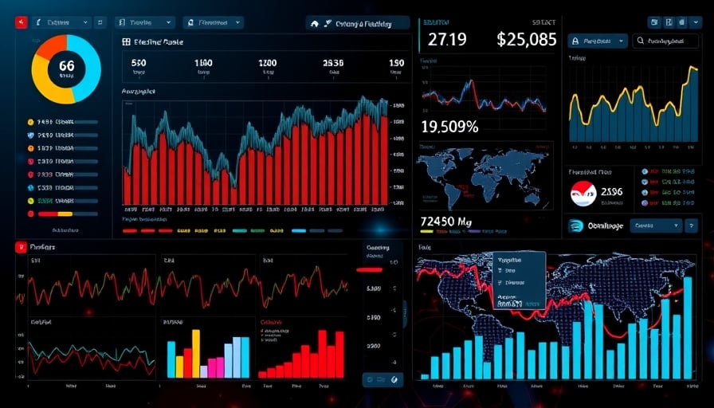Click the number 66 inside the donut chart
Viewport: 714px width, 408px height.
tap(66, 66)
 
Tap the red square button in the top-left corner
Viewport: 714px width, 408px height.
tap(21, 22)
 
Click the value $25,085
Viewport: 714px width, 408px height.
tap(526, 39)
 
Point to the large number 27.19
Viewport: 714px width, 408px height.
tap(447, 39)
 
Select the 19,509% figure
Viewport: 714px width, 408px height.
tap(449, 126)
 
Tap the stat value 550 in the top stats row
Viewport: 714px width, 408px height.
tap(138, 63)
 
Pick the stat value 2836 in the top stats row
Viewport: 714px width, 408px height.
tap(332, 63)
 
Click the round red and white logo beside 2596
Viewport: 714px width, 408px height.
tap(583, 193)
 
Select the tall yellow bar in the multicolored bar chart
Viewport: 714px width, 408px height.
tap(195, 353)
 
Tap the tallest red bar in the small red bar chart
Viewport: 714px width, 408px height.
tap(322, 353)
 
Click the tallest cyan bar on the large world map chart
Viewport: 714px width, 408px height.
tap(687, 328)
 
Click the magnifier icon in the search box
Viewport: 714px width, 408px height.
tap(641, 41)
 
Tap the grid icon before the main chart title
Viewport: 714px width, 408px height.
tap(127, 41)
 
